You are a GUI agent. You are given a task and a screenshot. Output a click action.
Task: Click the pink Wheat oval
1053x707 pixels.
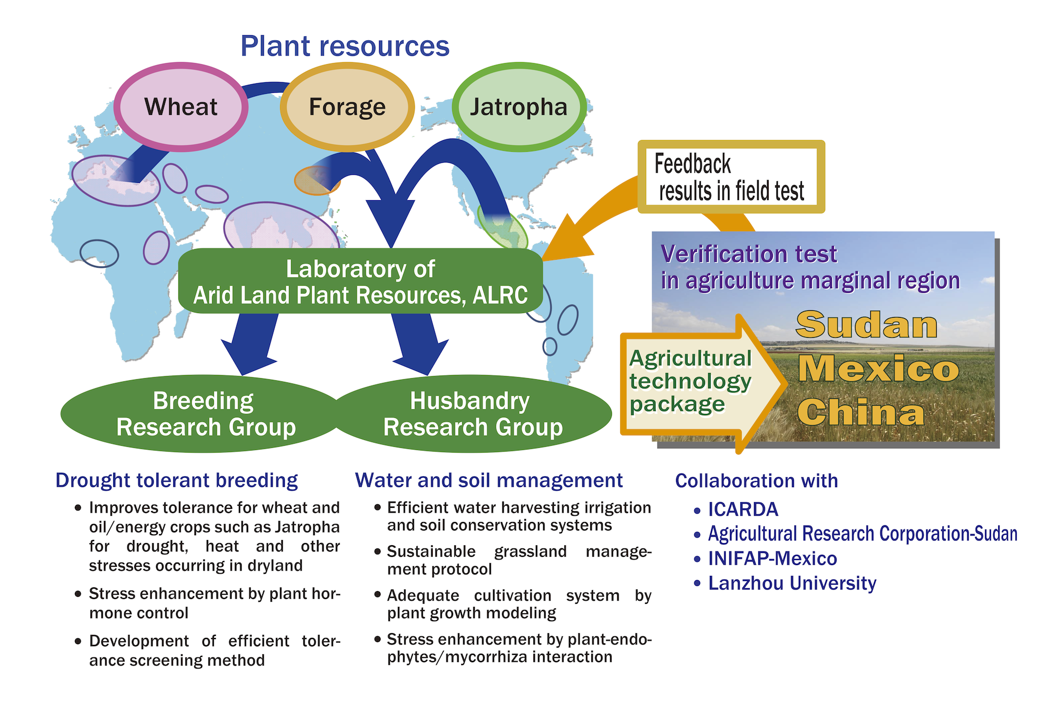(181, 107)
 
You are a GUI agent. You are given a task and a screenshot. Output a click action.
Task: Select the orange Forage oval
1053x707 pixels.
(347, 107)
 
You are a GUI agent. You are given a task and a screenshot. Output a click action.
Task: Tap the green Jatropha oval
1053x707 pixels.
(519, 107)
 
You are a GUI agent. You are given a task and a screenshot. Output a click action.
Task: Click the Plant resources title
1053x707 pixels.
(345, 46)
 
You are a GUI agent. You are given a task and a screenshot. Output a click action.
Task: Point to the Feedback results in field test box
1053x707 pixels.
(731, 177)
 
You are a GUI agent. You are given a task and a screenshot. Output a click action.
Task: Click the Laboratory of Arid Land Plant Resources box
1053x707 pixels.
(360, 282)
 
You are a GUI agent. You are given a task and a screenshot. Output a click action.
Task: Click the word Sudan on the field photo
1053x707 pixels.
(866, 325)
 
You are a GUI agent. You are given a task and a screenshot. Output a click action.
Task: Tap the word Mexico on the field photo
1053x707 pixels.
(878, 368)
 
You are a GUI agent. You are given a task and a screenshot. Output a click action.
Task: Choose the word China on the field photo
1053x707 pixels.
(861, 412)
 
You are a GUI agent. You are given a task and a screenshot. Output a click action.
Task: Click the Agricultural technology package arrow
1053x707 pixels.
(695, 382)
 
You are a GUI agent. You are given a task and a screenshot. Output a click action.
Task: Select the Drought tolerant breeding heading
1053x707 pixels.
(176, 480)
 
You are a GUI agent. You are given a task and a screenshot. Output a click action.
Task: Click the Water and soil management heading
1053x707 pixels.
(489, 480)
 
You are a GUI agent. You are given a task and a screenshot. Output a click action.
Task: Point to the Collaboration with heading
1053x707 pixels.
(756, 481)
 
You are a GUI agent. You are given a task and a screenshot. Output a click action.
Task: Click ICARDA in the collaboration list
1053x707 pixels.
(743, 509)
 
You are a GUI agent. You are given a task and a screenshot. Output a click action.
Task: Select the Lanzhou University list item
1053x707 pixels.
(792, 583)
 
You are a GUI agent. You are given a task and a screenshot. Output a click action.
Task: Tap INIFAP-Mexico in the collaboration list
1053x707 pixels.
(772, 558)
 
